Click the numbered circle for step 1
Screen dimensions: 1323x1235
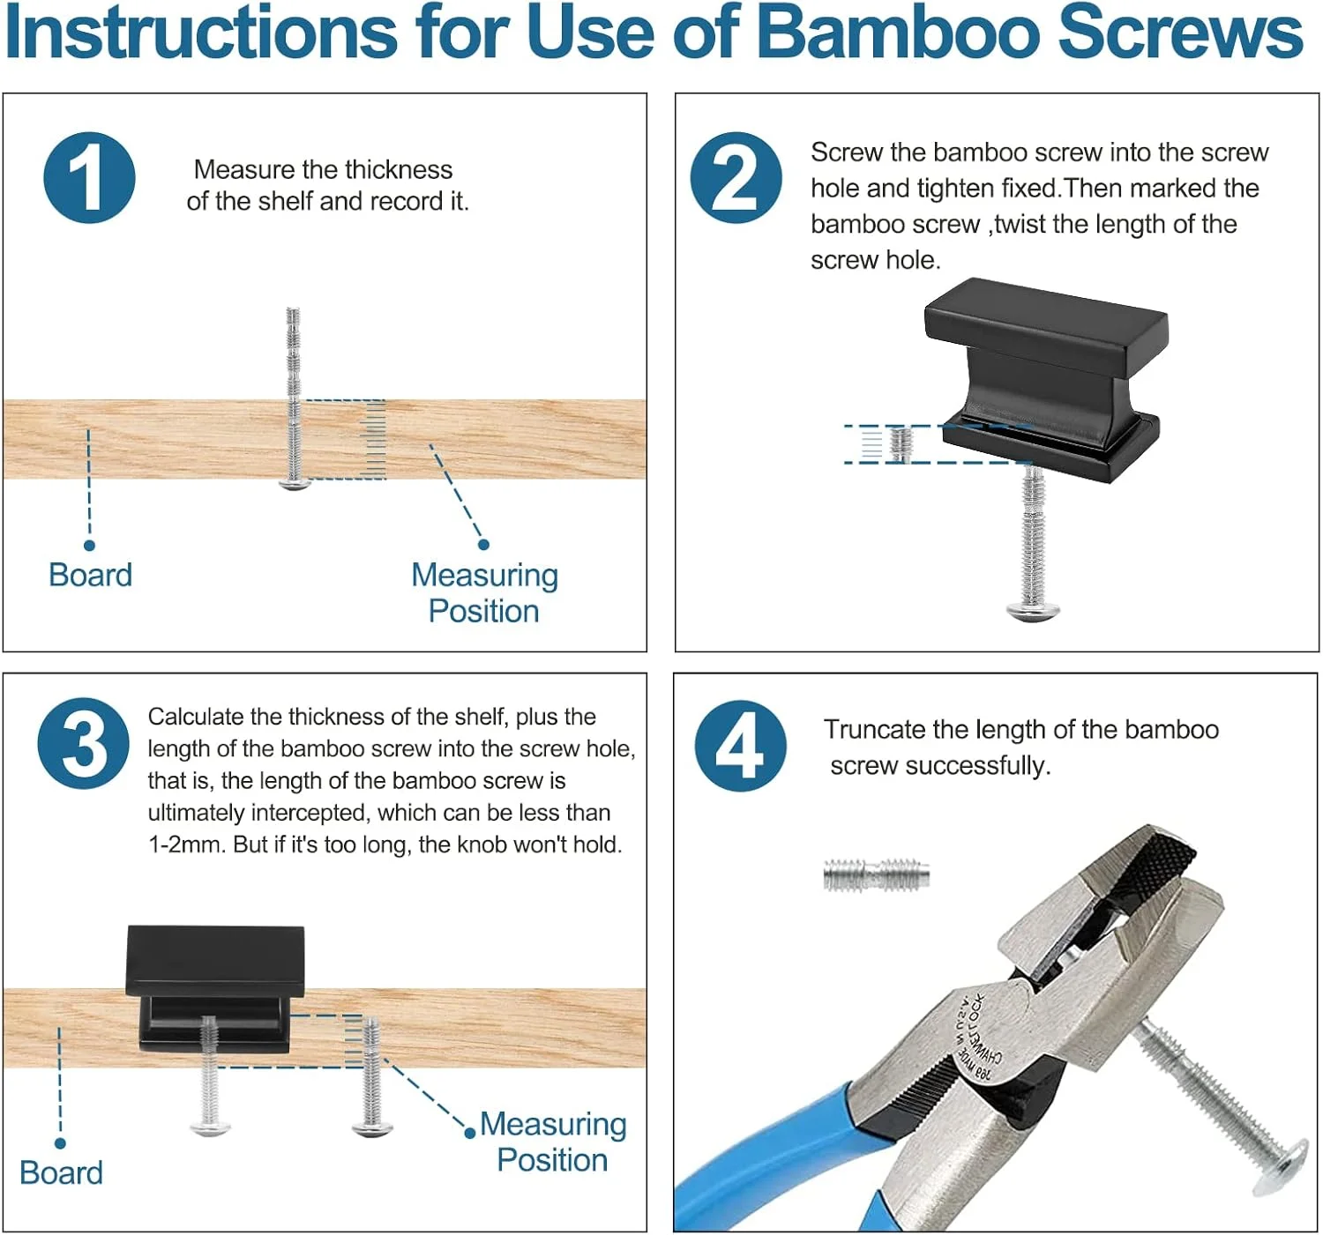tap(89, 178)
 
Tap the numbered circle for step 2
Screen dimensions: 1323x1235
tap(736, 178)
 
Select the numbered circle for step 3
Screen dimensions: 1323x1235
tap(84, 743)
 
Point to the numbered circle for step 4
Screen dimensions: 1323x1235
tap(740, 746)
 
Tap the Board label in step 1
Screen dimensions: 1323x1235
tap(91, 575)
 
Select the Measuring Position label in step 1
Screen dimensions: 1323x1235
tap(484, 593)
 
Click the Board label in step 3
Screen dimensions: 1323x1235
tap(61, 1173)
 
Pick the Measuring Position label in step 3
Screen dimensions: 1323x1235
tap(553, 1142)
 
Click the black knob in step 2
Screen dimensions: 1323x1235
tap(1044, 379)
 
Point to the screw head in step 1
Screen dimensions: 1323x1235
tap(295, 483)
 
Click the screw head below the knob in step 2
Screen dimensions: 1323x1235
tap(1032, 612)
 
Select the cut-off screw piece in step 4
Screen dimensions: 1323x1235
tap(877, 875)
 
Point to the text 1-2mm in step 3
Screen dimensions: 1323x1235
tap(187, 844)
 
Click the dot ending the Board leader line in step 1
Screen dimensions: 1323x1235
tap(89, 546)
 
